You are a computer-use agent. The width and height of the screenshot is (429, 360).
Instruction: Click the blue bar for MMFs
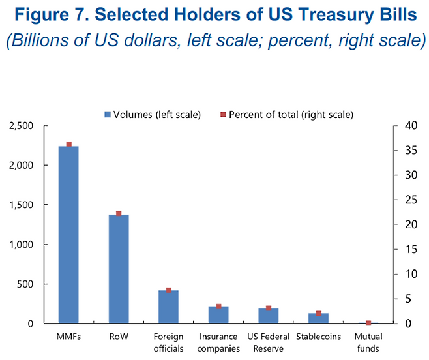pyautogui.click(x=68, y=235)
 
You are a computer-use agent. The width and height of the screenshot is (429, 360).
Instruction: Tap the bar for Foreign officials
pyautogui.click(x=168, y=307)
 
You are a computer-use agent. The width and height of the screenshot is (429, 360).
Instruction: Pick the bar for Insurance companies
pyautogui.click(x=218, y=314)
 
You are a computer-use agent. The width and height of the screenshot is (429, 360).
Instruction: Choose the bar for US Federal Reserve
pyautogui.click(x=268, y=316)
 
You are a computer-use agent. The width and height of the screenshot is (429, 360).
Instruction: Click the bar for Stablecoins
pyautogui.click(x=318, y=318)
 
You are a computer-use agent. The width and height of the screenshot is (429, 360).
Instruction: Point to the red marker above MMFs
pyautogui.click(x=68, y=144)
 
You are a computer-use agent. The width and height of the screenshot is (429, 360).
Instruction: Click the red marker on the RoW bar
pyautogui.click(x=119, y=213)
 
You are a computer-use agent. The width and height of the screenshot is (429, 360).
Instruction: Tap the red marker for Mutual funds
pyautogui.click(x=368, y=323)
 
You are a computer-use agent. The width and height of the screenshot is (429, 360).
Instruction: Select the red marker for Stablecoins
pyautogui.click(x=318, y=313)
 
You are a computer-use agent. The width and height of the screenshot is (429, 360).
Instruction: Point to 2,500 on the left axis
pyautogui.click(x=21, y=126)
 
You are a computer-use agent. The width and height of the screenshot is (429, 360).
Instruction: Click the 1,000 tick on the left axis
pyautogui.click(x=21, y=245)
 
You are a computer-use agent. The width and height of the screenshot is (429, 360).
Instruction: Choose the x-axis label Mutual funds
pyautogui.click(x=368, y=342)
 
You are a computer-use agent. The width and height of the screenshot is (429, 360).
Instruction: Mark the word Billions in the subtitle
pyautogui.click(x=40, y=40)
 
